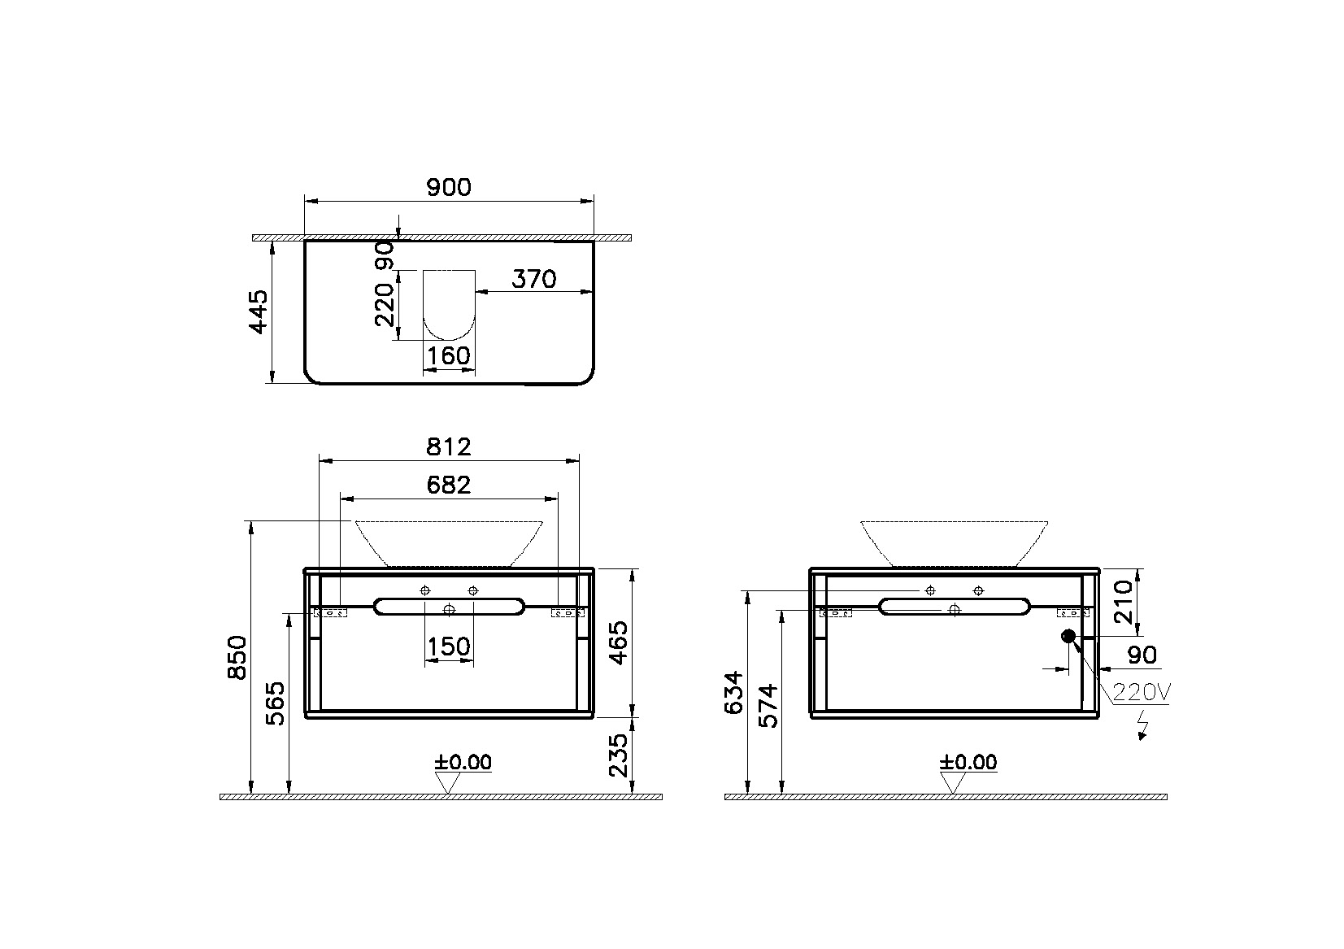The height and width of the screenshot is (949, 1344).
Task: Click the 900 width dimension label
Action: [x=448, y=188]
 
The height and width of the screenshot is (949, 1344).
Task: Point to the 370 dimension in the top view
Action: [x=534, y=279]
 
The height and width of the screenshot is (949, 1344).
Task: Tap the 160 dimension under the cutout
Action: [x=449, y=355]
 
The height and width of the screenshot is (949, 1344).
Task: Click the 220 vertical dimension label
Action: [x=385, y=300]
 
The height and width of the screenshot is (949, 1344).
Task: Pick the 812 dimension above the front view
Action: [x=448, y=446]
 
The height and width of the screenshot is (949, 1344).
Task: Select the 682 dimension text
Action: [x=448, y=485]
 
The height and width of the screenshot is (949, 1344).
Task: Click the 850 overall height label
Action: [x=237, y=658]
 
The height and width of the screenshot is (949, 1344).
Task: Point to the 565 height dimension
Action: [x=276, y=704]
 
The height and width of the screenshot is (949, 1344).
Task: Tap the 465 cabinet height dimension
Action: [x=620, y=642]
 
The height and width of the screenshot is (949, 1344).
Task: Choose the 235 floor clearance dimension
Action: [x=620, y=755]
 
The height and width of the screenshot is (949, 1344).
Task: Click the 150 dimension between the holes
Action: [x=449, y=647]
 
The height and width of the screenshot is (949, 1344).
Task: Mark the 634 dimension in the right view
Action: [x=733, y=692]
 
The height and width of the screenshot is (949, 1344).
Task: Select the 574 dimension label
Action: [x=768, y=706]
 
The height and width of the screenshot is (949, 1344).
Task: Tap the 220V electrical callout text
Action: [x=1141, y=693]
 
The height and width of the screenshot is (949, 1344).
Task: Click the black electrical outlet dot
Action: [x=1068, y=636]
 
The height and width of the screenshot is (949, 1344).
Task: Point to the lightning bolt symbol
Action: [x=1142, y=725]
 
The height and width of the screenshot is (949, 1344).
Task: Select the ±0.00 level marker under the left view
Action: [x=463, y=763]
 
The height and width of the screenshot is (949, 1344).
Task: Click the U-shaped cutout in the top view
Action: [x=449, y=304]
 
